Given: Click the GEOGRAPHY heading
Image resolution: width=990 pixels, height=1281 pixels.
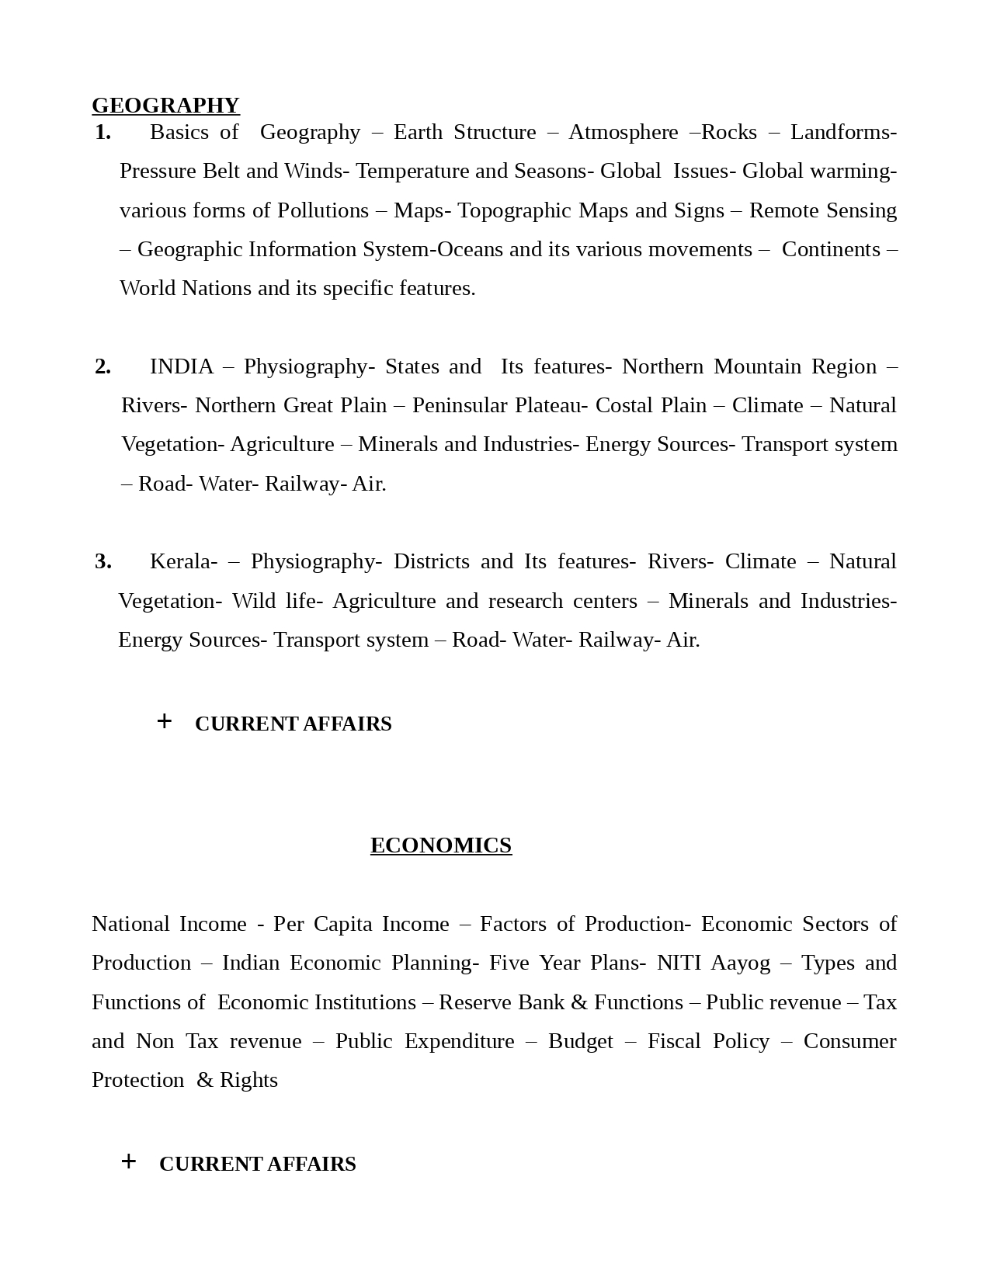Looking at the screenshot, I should [x=165, y=105].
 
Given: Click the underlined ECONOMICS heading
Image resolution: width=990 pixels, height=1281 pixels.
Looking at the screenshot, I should [x=441, y=845].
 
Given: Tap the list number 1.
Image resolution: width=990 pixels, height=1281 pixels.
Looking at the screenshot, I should [x=102, y=132].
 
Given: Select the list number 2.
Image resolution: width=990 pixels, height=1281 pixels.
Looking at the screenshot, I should [x=102, y=366].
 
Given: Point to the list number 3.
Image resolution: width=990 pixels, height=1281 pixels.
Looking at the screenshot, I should [x=102, y=561].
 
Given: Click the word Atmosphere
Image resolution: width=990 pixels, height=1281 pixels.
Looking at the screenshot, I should [x=623, y=132].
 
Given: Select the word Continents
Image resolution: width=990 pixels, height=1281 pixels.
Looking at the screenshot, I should [x=831, y=249].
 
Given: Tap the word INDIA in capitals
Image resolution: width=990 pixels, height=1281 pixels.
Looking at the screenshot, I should [x=182, y=366].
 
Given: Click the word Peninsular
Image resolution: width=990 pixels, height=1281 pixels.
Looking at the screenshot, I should [x=458, y=405].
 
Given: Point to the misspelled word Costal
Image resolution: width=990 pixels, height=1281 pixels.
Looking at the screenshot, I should [x=622, y=405].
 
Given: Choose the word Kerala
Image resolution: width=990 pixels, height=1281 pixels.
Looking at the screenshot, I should [x=183, y=561].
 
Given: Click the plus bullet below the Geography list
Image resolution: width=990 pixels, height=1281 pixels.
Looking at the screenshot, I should [x=164, y=721].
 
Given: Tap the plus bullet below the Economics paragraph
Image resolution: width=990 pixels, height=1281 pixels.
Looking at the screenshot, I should [x=129, y=1161].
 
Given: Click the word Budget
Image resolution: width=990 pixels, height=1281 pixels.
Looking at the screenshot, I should [x=580, y=1041].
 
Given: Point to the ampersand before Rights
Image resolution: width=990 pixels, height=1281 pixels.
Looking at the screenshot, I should [x=205, y=1080].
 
